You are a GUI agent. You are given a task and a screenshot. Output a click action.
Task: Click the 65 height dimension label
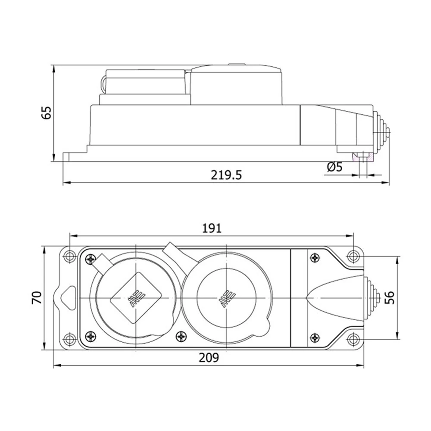coord(47,112)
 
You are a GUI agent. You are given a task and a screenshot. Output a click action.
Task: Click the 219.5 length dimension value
coord(226,175)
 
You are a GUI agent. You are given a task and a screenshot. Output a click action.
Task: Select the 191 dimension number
coord(211,228)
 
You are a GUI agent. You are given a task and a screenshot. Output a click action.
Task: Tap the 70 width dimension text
coord(37,297)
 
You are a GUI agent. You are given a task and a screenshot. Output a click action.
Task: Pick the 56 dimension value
coord(390,297)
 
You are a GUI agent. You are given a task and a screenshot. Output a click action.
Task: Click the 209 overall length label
coord(209,358)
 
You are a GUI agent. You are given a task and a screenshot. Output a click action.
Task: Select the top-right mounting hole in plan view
coord(353,256)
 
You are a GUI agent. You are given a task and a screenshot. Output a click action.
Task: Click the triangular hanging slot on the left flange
coord(67,297)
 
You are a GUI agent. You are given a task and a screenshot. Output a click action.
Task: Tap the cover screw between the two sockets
coord(181,336)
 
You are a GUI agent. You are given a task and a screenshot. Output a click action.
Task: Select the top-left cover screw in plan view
coord(90,259)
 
